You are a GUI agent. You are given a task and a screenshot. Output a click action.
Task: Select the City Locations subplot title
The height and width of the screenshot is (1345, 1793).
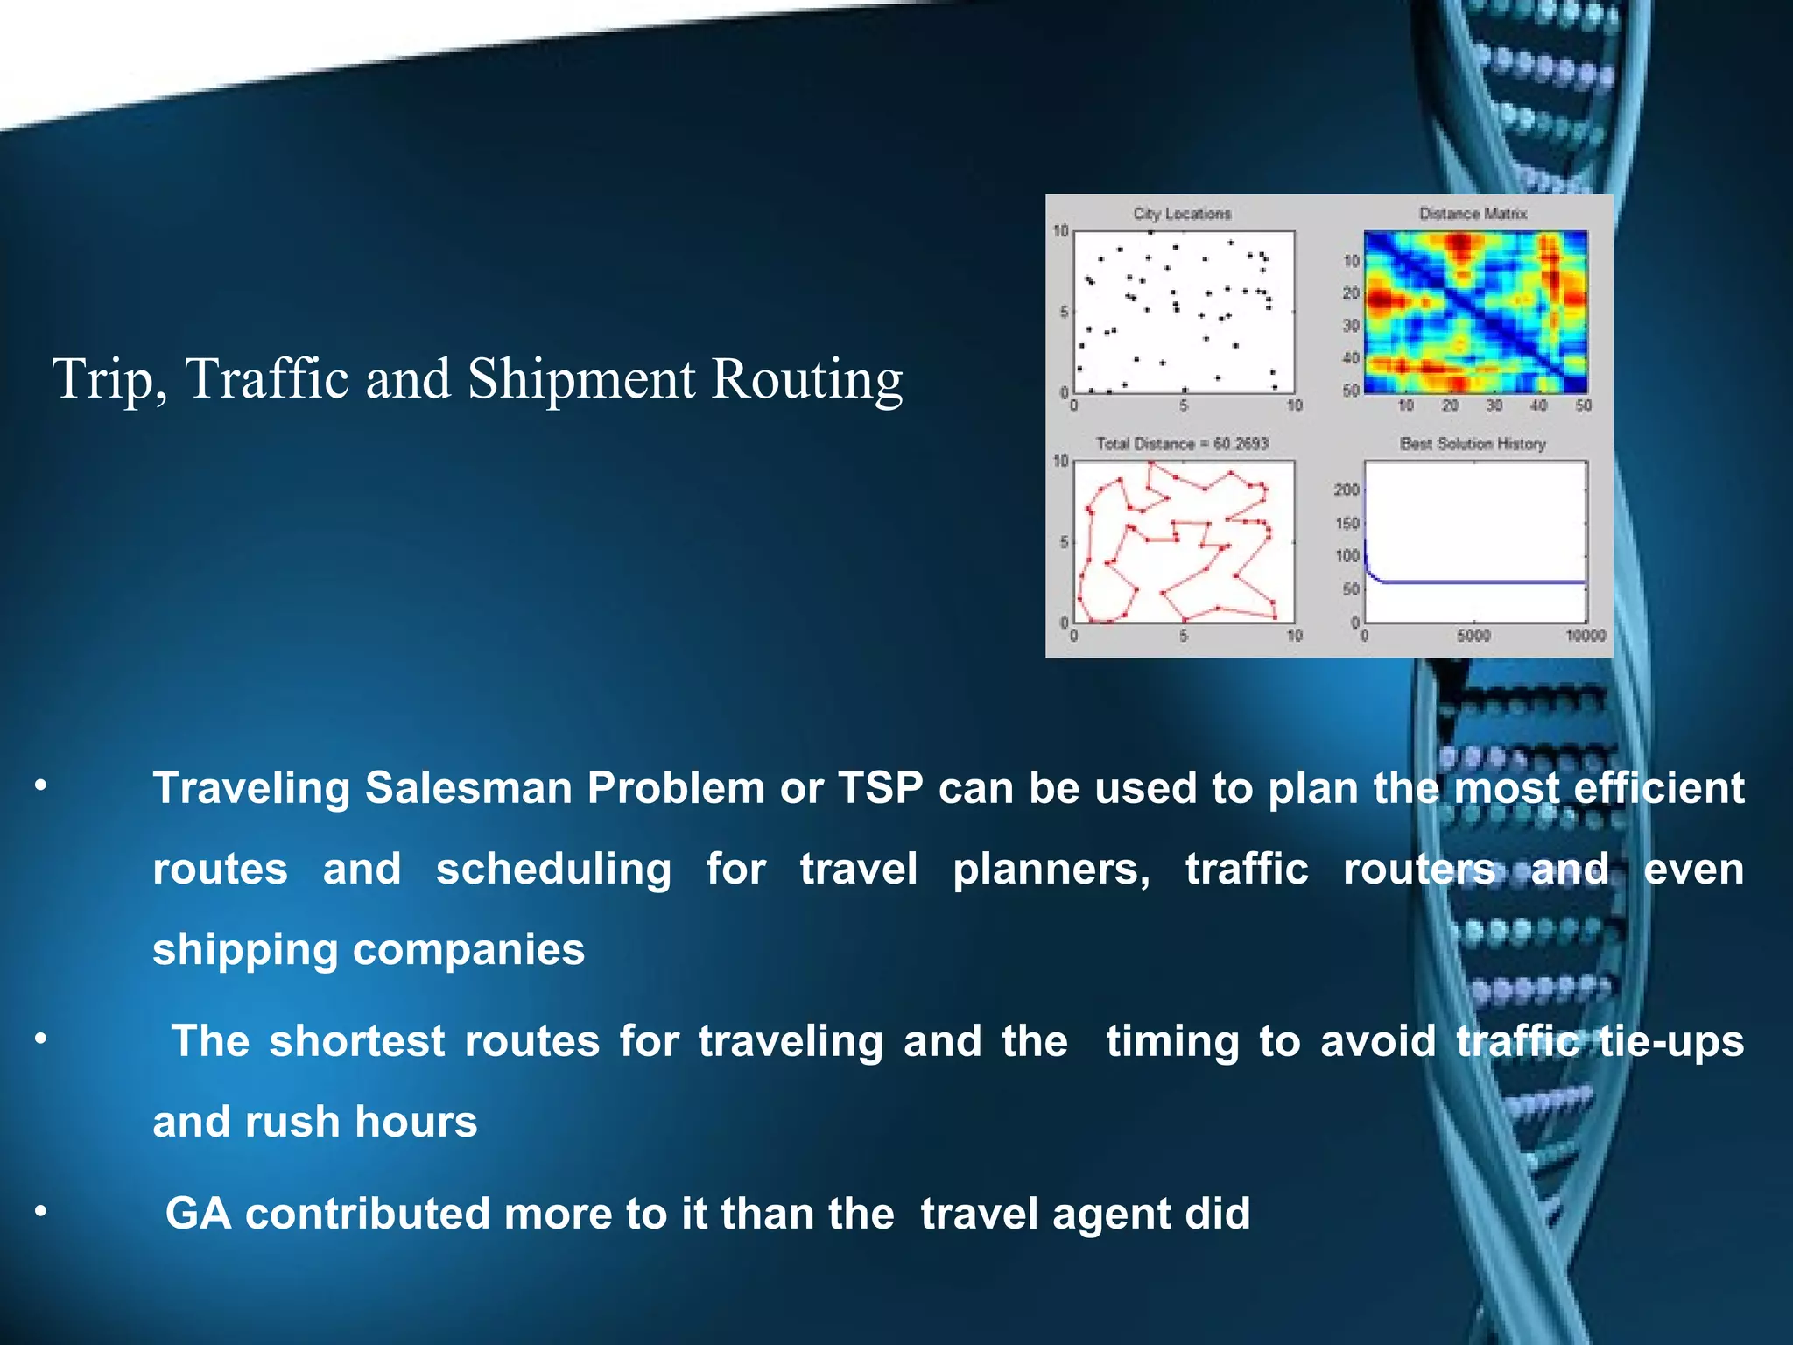click(1182, 214)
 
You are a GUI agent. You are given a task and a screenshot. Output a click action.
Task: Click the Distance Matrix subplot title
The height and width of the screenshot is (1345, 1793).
click(1473, 214)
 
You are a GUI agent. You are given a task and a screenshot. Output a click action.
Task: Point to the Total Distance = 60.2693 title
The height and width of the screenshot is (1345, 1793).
click(1182, 444)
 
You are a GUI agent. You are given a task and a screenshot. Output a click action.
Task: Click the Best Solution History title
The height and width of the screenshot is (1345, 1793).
click(1473, 444)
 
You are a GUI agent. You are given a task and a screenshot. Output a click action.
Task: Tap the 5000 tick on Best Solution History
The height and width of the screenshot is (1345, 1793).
click(1473, 636)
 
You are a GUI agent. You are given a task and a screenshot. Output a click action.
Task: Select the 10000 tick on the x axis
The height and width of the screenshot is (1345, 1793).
click(1586, 636)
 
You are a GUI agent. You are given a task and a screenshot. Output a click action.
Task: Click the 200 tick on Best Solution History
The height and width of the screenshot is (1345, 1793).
click(1347, 489)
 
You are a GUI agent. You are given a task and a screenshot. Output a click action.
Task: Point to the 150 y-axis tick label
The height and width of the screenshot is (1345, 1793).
click(1347, 524)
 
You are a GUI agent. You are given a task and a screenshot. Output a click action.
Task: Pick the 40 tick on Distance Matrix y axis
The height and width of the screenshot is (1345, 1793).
click(1351, 357)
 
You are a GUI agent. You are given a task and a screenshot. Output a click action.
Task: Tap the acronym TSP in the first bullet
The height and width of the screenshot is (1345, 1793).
click(881, 787)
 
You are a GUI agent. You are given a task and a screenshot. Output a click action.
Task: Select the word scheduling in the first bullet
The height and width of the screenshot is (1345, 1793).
click(553, 870)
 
